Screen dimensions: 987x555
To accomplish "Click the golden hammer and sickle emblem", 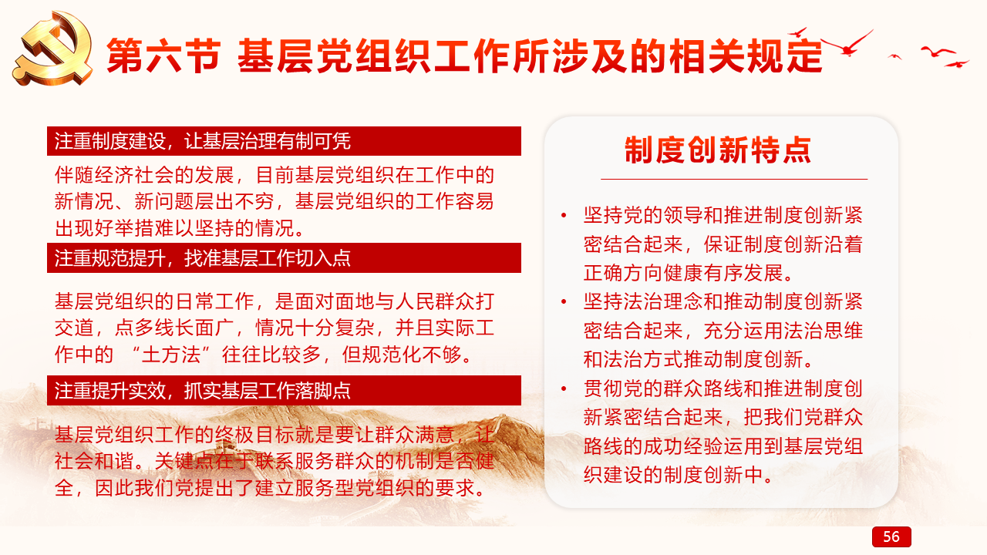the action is click(54, 49).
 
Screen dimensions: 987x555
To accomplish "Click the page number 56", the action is click(891, 536).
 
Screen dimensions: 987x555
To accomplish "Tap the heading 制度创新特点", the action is click(718, 150).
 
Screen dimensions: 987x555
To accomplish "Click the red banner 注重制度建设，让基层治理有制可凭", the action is click(284, 141).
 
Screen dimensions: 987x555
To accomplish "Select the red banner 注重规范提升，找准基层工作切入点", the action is click(284, 257).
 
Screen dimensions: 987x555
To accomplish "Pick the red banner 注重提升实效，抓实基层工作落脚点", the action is click(284, 390).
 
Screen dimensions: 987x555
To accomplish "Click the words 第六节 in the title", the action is click(163, 55).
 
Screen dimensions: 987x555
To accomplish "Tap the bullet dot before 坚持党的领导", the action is click(564, 215).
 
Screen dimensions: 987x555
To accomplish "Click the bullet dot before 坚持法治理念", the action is click(564, 301).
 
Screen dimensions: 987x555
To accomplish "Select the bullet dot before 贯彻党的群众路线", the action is click(564, 388).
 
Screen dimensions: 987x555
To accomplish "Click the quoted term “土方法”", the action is click(170, 355).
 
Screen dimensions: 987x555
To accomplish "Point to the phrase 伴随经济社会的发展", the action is click(144, 175).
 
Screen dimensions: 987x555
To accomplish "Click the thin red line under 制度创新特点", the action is click(734, 180).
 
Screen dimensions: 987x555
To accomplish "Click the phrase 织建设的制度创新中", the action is click(673, 475).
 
